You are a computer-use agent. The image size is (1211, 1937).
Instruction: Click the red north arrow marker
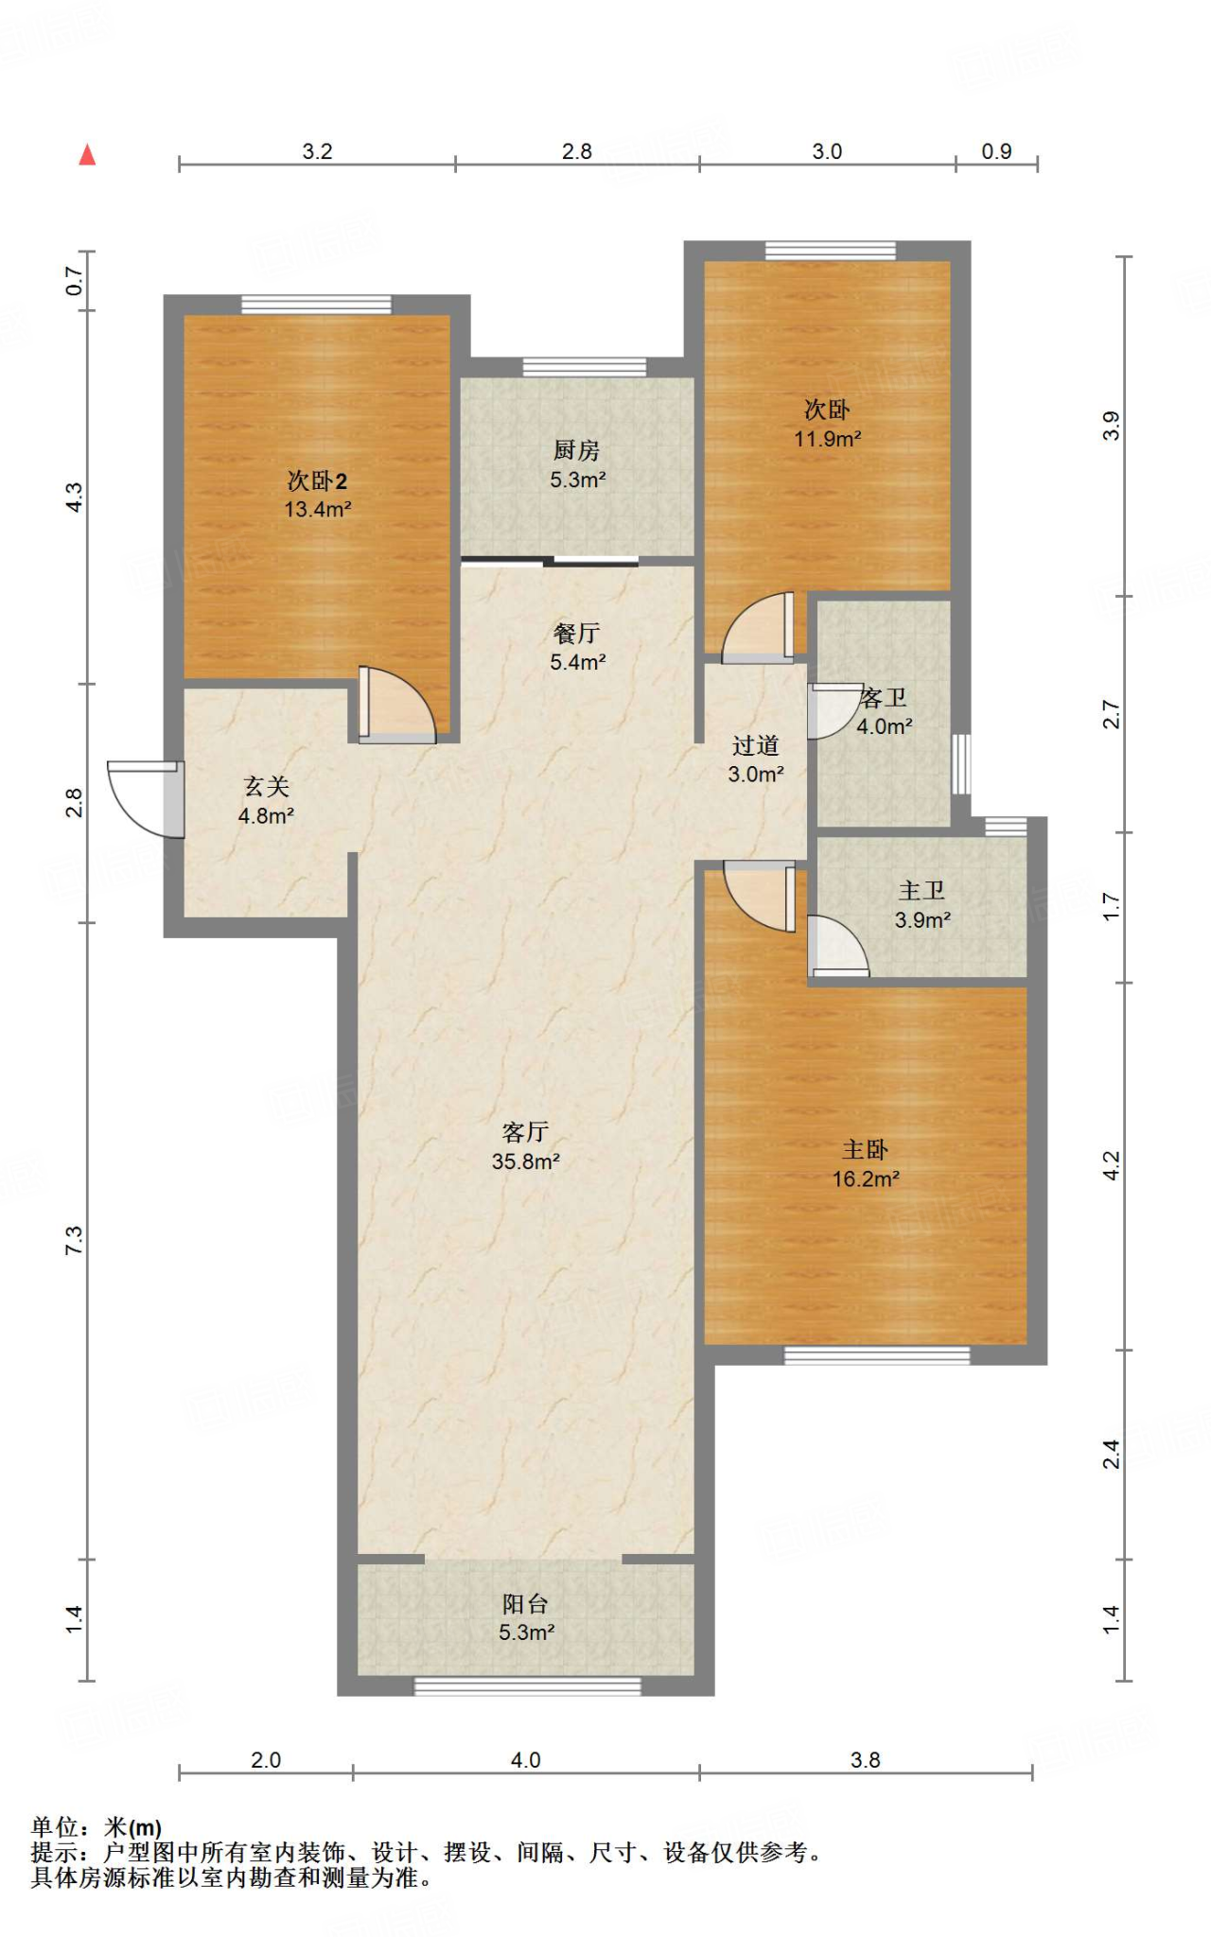[87, 154]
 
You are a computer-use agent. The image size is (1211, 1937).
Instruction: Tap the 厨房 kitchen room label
[577, 450]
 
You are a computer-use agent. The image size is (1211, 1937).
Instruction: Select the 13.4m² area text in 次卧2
[318, 510]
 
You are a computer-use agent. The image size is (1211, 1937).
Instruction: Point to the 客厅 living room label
[526, 1132]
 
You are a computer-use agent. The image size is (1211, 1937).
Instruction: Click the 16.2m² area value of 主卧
[866, 1179]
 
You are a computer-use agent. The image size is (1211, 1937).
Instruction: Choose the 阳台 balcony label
[526, 1603]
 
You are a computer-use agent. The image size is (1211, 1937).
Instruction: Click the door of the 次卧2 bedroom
[396, 705]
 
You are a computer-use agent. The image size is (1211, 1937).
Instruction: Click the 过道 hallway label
[755, 745]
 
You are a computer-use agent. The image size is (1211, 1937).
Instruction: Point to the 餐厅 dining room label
[577, 633]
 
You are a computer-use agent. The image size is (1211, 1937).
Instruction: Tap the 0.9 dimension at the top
[996, 151]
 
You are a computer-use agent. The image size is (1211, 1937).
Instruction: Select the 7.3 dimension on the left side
[74, 1240]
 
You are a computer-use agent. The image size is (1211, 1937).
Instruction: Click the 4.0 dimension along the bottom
[526, 1760]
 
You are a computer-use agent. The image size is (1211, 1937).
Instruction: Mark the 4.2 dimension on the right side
[1112, 1165]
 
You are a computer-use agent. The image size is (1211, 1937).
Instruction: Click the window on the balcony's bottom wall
[528, 1686]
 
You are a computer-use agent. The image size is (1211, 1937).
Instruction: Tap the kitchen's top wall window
[585, 367]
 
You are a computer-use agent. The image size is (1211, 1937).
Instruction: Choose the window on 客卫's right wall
[961, 764]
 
